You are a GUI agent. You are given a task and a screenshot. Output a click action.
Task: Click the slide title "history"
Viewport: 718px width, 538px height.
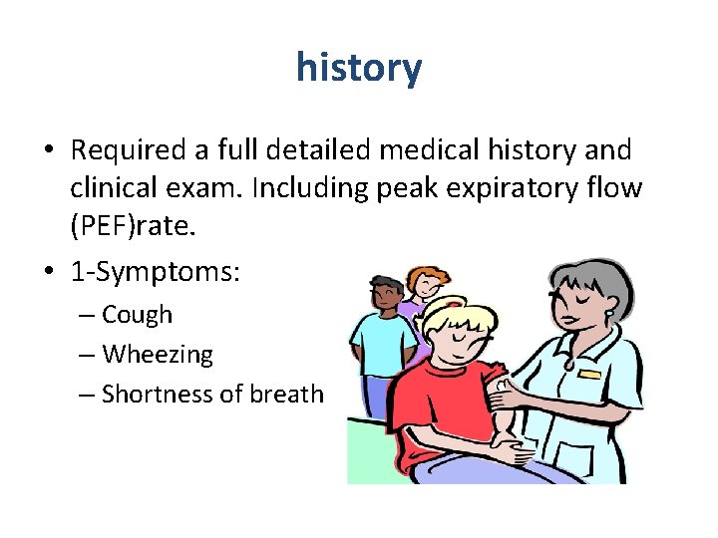click(359, 68)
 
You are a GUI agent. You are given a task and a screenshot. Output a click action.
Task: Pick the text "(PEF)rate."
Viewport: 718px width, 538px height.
click(129, 226)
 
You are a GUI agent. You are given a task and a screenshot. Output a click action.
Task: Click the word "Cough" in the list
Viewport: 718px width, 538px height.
click(137, 315)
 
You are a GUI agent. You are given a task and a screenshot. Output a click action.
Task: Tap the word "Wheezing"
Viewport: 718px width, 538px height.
click(158, 354)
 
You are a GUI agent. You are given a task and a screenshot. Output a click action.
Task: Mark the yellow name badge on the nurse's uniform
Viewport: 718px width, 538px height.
click(590, 375)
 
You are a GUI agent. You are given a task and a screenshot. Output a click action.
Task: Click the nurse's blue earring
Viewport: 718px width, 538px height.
click(607, 314)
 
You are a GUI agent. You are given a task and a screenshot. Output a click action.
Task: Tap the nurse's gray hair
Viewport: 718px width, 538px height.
click(588, 279)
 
